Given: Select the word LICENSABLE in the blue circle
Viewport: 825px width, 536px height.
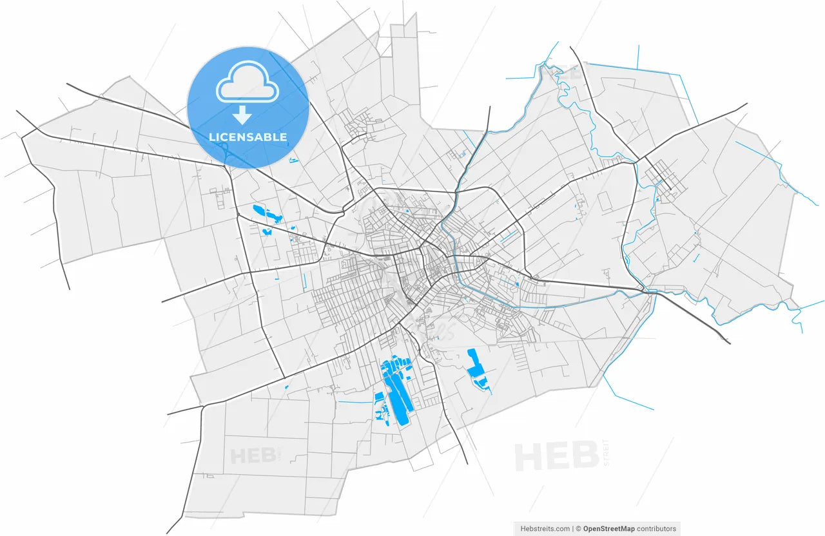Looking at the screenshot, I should (248, 137).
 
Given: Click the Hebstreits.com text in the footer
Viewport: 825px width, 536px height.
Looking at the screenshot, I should (545, 529).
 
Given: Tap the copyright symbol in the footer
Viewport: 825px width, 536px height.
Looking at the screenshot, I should (579, 529).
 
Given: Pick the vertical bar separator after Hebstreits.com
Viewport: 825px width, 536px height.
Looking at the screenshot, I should (572, 529).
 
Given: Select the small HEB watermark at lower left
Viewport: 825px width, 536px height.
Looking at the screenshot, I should (252, 456).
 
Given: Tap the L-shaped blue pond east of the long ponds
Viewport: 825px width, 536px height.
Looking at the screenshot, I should (476, 366).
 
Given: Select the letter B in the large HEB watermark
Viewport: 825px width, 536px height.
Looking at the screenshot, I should (585, 457).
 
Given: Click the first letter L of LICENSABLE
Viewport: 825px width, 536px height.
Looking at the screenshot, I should (212, 137).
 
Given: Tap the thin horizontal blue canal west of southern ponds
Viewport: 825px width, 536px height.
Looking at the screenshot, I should (354, 403).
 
